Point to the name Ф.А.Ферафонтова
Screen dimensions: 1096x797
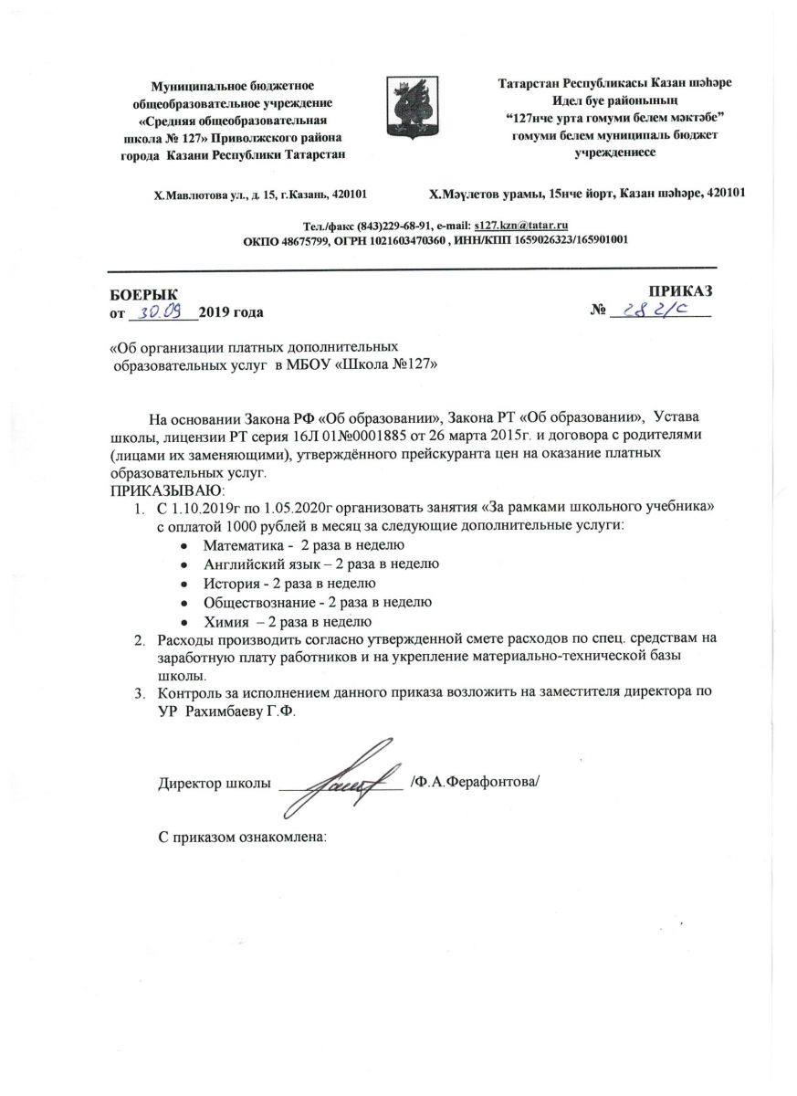(x=476, y=783)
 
